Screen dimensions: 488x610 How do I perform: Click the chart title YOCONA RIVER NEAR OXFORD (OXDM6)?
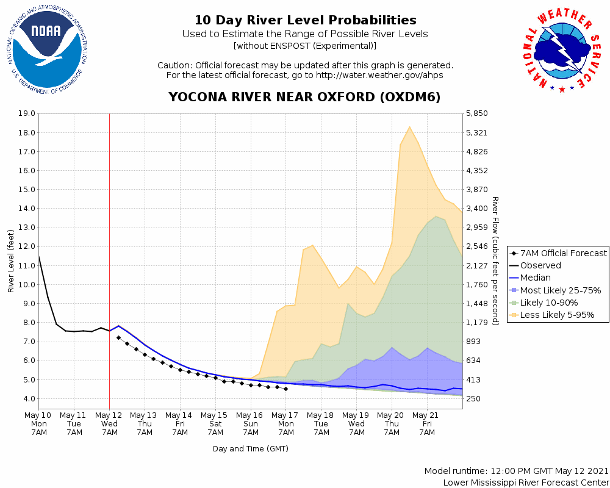pos(304,98)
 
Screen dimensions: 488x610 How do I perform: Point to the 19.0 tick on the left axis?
pos(27,113)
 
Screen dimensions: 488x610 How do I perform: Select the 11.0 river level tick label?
pos(27,265)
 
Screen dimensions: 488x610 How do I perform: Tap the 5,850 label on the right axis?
pos(476,113)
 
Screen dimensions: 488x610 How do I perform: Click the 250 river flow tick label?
pos(474,399)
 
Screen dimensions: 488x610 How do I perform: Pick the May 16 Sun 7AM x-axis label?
pos(251,423)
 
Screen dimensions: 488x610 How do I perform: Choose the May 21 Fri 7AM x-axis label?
pos(427,423)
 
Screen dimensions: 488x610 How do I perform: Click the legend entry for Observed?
pos(540,265)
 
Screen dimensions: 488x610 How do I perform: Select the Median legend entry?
pos(536,278)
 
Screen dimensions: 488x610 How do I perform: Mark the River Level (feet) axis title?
pos(11,260)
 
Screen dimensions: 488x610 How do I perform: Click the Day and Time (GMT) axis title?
pos(251,449)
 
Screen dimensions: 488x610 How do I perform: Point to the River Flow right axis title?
pos(495,260)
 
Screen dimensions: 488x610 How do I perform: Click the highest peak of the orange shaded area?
pos(409,126)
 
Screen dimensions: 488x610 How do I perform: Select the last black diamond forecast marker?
pos(285,389)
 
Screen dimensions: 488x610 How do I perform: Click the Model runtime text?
pos(516,472)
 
